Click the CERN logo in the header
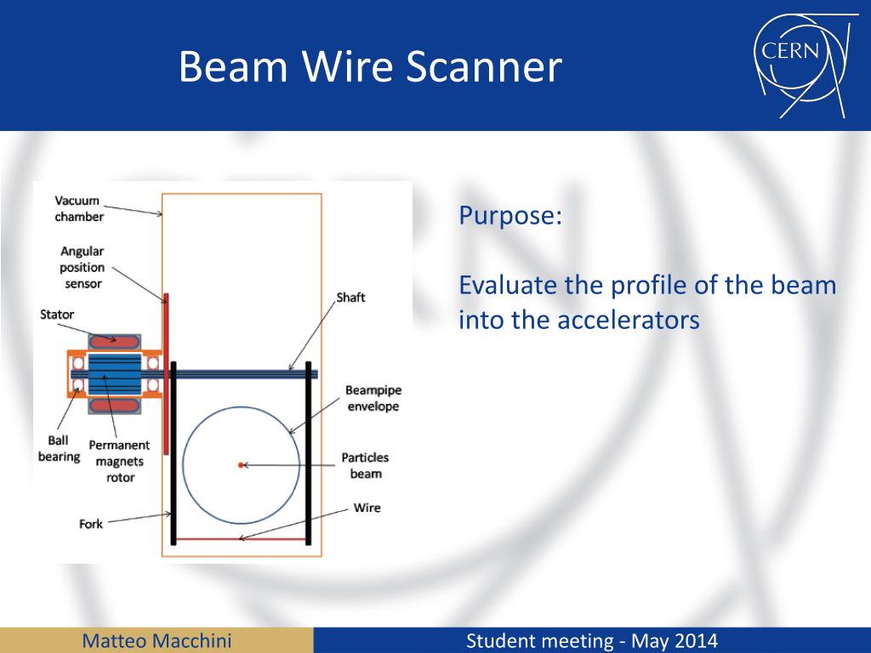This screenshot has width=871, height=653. tap(799, 65)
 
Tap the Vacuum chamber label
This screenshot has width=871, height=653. tap(79, 209)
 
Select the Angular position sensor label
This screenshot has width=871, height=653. tap(82, 267)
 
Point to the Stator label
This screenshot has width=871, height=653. tap(57, 315)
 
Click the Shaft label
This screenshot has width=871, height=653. tap(350, 298)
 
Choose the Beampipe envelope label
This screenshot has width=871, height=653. tap(373, 398)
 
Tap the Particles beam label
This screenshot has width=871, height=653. tap(366, 465)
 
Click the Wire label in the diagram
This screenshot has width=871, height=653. tap(367, 508)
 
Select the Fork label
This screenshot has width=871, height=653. tap(91, 524)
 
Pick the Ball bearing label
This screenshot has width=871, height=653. tap(59, 449)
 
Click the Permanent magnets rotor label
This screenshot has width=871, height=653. tap(120, 462)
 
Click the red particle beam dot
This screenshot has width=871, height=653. tap(241, 464)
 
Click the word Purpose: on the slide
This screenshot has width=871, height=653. tap(510, 215)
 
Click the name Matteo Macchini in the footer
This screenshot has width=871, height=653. tap(157, 640)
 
